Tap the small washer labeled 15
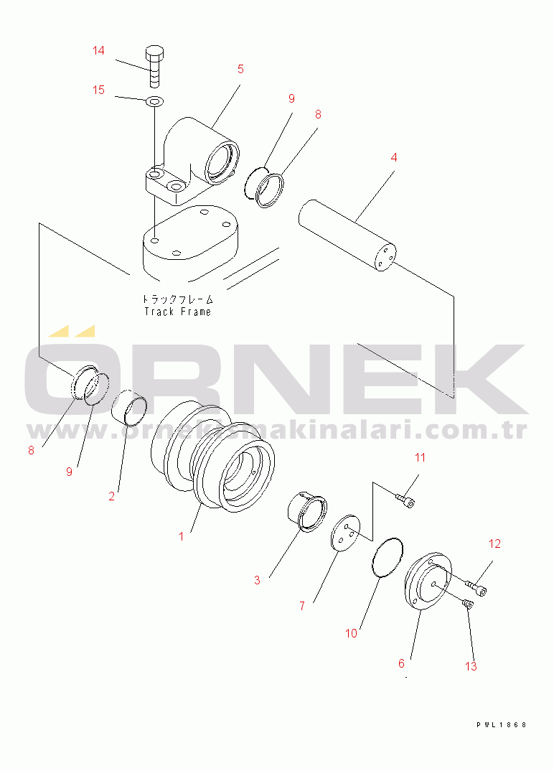click(154, 101)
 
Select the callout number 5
click(240, 69)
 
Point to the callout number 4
click(393, 156)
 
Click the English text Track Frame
click(177, 312)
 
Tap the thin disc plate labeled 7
click(345, 533)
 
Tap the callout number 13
click(470, 666)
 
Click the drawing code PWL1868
click(501, 724)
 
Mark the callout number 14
click(98, 50)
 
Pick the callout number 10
click(351, 633)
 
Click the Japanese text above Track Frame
click(177, 299)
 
